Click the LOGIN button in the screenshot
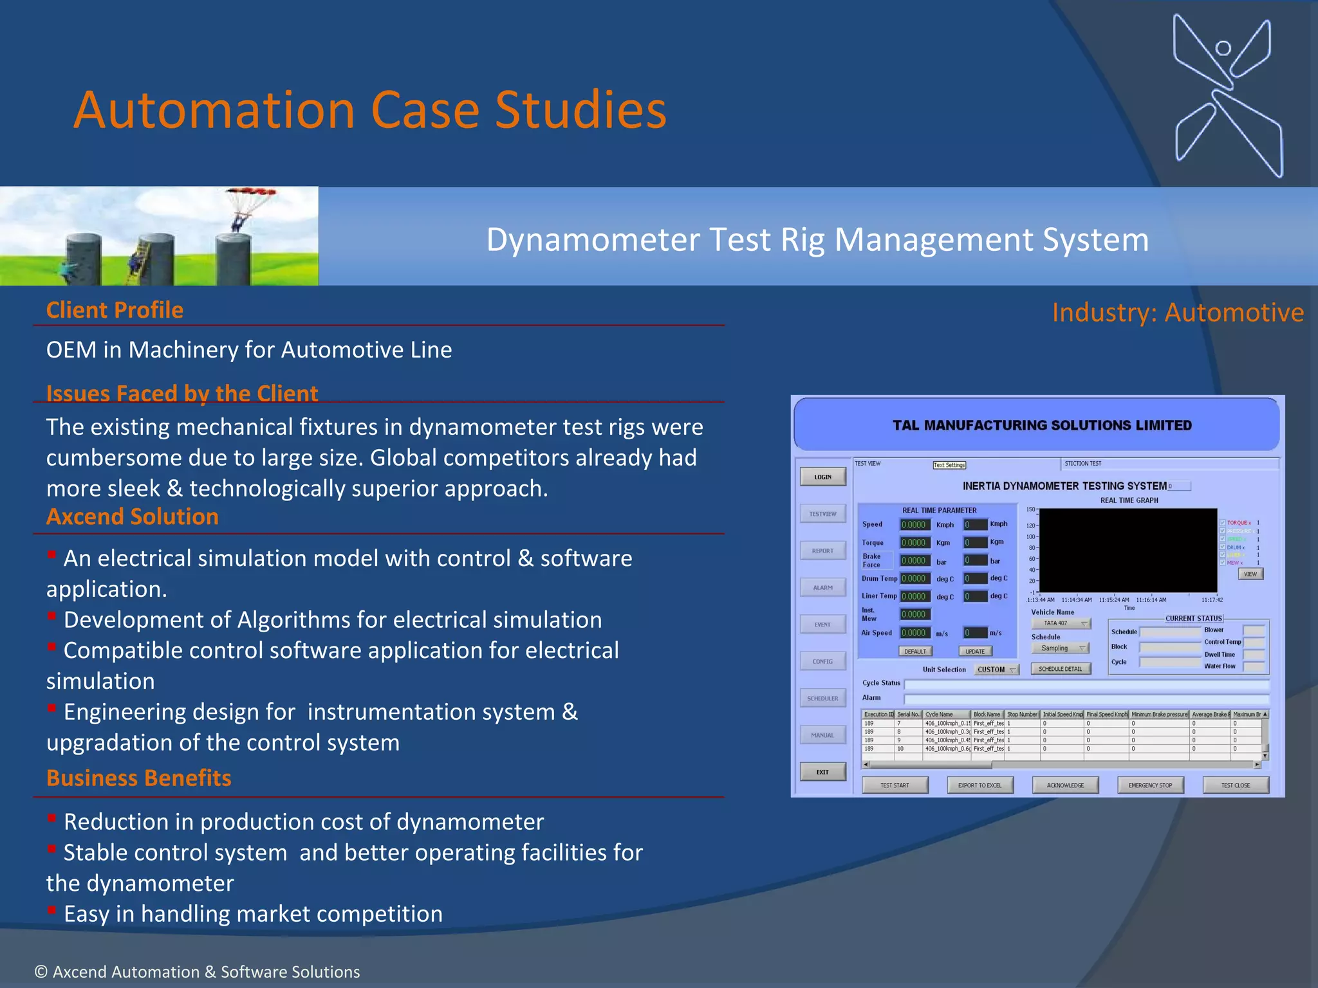point(822,477)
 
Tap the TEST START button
point(895,785)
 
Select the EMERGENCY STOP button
point(1150,785)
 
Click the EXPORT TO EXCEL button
point(979,785)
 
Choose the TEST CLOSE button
point(1236,785)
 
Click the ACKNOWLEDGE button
point(1065,785)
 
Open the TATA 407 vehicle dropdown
point(1061,623)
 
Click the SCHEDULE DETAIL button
point(1060,669)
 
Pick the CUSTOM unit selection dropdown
point(996,670)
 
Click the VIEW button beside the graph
point(1250,574)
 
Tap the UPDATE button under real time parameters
point(975,652)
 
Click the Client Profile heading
point(115,310)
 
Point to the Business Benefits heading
point(138,778)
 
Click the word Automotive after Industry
point(1234,313)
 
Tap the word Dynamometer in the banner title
point(592,240)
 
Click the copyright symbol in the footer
point(41,972)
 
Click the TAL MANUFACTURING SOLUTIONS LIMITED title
point(1042,425)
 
